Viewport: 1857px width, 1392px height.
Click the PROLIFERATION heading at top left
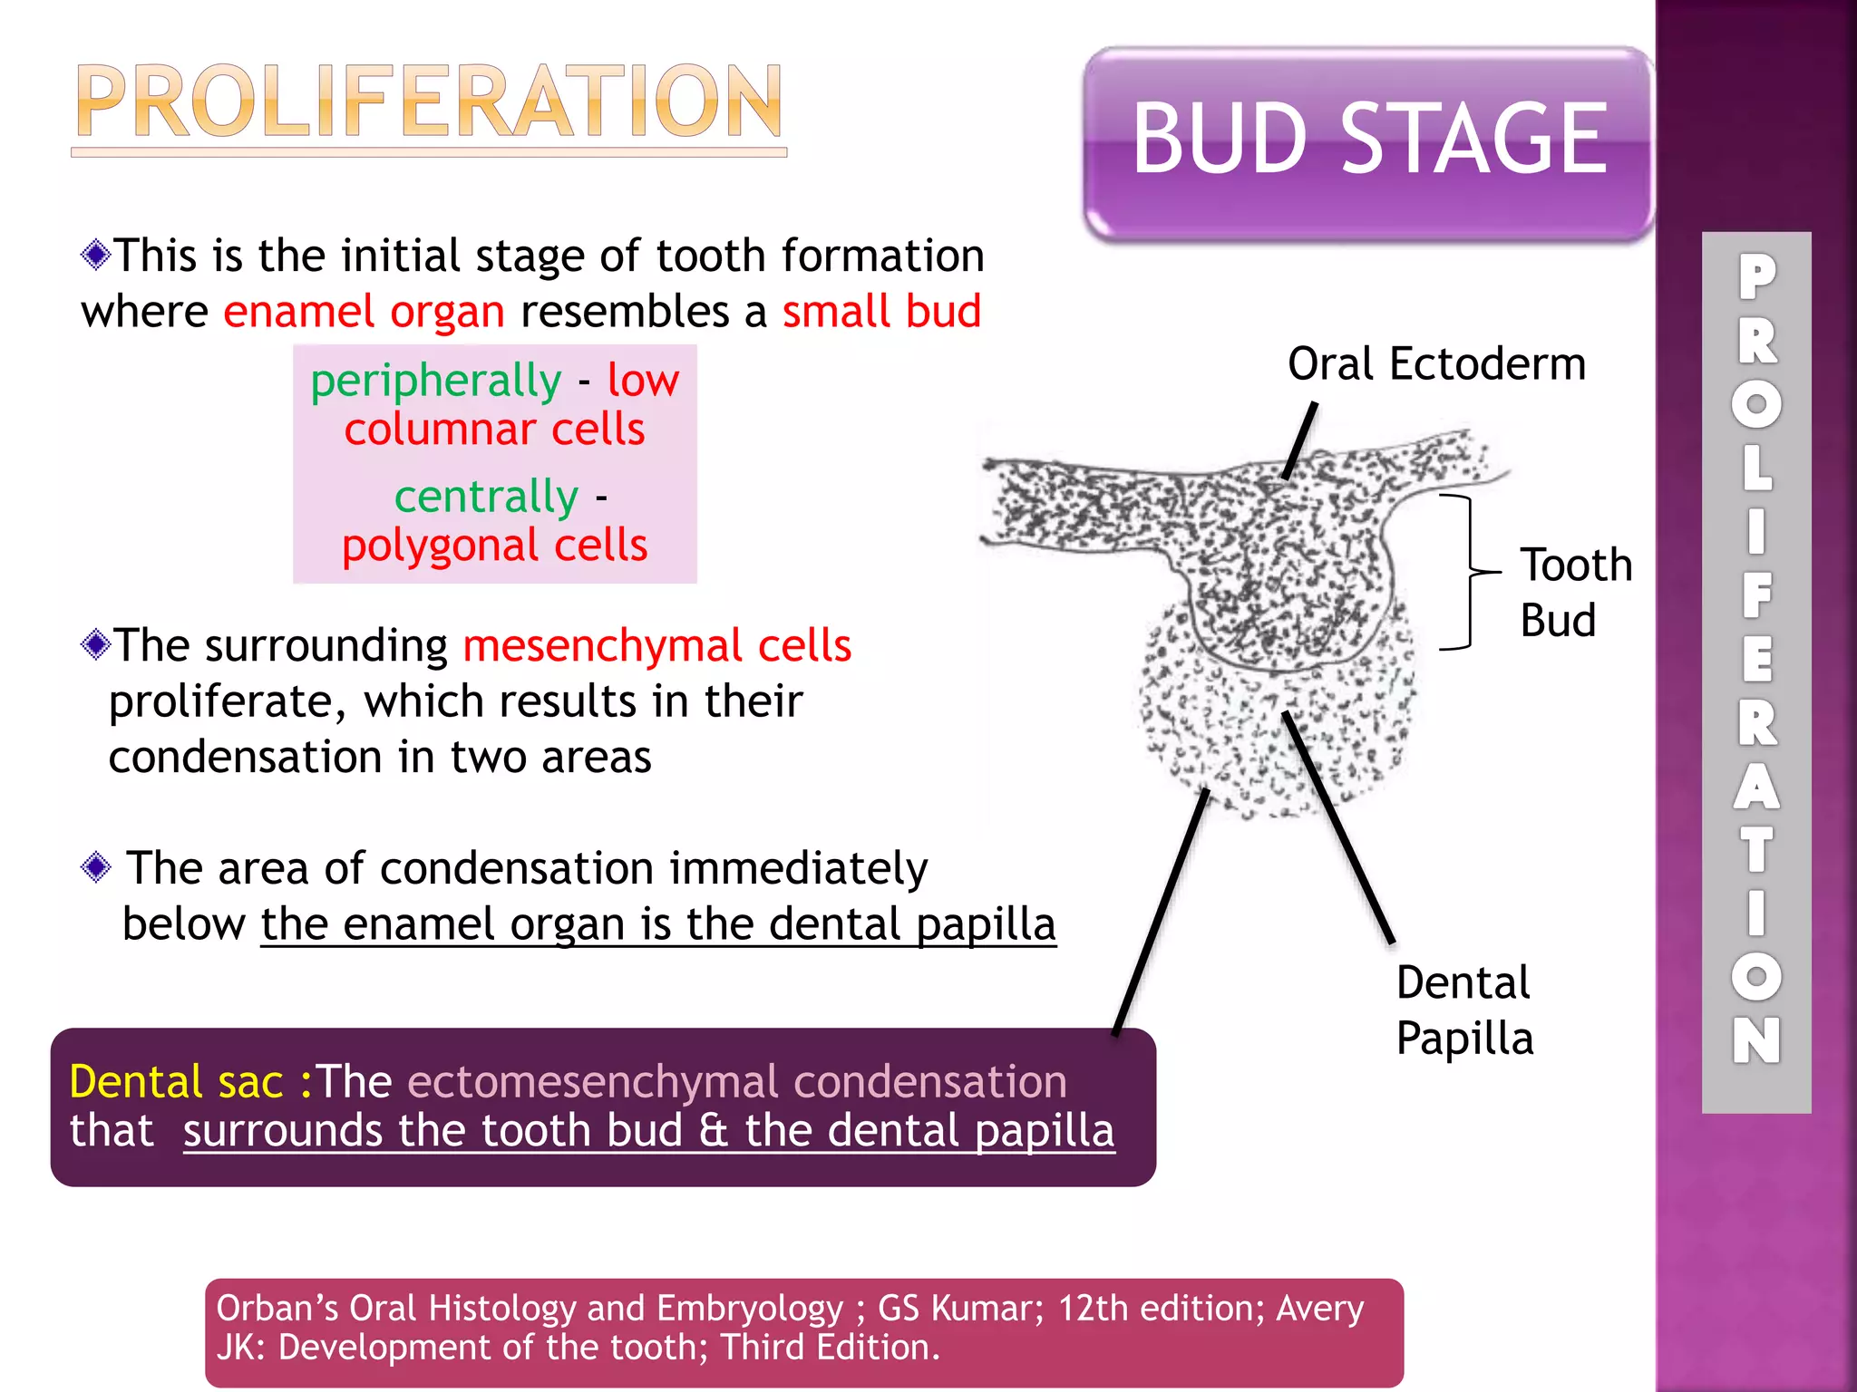(428, 101)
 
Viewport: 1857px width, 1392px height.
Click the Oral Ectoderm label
(1436, 364)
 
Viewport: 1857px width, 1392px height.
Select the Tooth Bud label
(1576, 592)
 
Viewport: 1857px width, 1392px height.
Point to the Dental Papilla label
(1463, 1010)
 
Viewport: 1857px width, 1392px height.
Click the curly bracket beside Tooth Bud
(1467, 573)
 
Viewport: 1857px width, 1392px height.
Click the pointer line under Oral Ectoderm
(1299, 441)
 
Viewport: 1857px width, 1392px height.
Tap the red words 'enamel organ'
(364, 312)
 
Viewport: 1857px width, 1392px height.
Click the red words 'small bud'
(881, 312)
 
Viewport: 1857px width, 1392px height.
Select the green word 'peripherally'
(435, 381)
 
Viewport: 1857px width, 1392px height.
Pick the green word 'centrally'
(486, 497)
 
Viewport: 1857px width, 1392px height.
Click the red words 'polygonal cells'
(495, 546)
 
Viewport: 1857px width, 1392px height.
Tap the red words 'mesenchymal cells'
(656, 646)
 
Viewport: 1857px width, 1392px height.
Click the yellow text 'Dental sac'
(177, 1082)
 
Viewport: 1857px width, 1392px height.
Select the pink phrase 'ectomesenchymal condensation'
(736, 1082)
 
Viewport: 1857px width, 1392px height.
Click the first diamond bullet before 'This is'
(95, 255)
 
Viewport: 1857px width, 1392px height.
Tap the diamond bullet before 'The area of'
(95, 867)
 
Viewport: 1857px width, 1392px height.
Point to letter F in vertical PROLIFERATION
(1756, 596)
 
